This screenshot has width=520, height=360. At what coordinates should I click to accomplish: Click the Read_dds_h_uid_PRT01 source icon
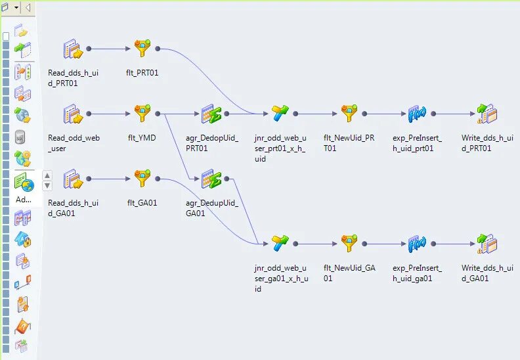tap(73, 49)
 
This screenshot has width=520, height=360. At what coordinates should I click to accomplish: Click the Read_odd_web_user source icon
tap(73, 114)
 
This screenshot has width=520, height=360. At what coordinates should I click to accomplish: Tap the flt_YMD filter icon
tap(142, 114)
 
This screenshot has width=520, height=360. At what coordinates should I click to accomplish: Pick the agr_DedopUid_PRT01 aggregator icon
tap(211, 114)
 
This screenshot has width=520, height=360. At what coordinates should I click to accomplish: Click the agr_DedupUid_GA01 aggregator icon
tap(211, 179)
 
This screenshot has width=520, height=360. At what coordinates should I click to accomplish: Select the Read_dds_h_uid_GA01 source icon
tap(73, 179)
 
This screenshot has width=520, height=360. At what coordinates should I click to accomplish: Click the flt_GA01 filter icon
tap(142, 179)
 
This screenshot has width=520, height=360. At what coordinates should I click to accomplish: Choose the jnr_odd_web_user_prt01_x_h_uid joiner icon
tap(280, 114)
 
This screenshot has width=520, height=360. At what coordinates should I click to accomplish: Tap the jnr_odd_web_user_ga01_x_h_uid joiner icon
tap(280, 244)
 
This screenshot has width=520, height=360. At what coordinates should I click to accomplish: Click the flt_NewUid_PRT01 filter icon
tap(349, 114)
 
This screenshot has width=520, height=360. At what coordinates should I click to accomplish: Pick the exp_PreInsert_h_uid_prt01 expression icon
tap(417, 114)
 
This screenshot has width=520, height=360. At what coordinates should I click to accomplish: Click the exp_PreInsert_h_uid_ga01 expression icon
tap(417, 244)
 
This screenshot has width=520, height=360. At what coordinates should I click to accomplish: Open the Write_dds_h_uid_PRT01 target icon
tap(487, 114)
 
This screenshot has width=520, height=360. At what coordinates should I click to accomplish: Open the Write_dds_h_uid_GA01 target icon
tap(487, 244)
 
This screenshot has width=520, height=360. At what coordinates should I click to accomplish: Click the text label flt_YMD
tap(142, 137)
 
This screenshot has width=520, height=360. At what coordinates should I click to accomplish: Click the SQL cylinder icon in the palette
tap(22, 137)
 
